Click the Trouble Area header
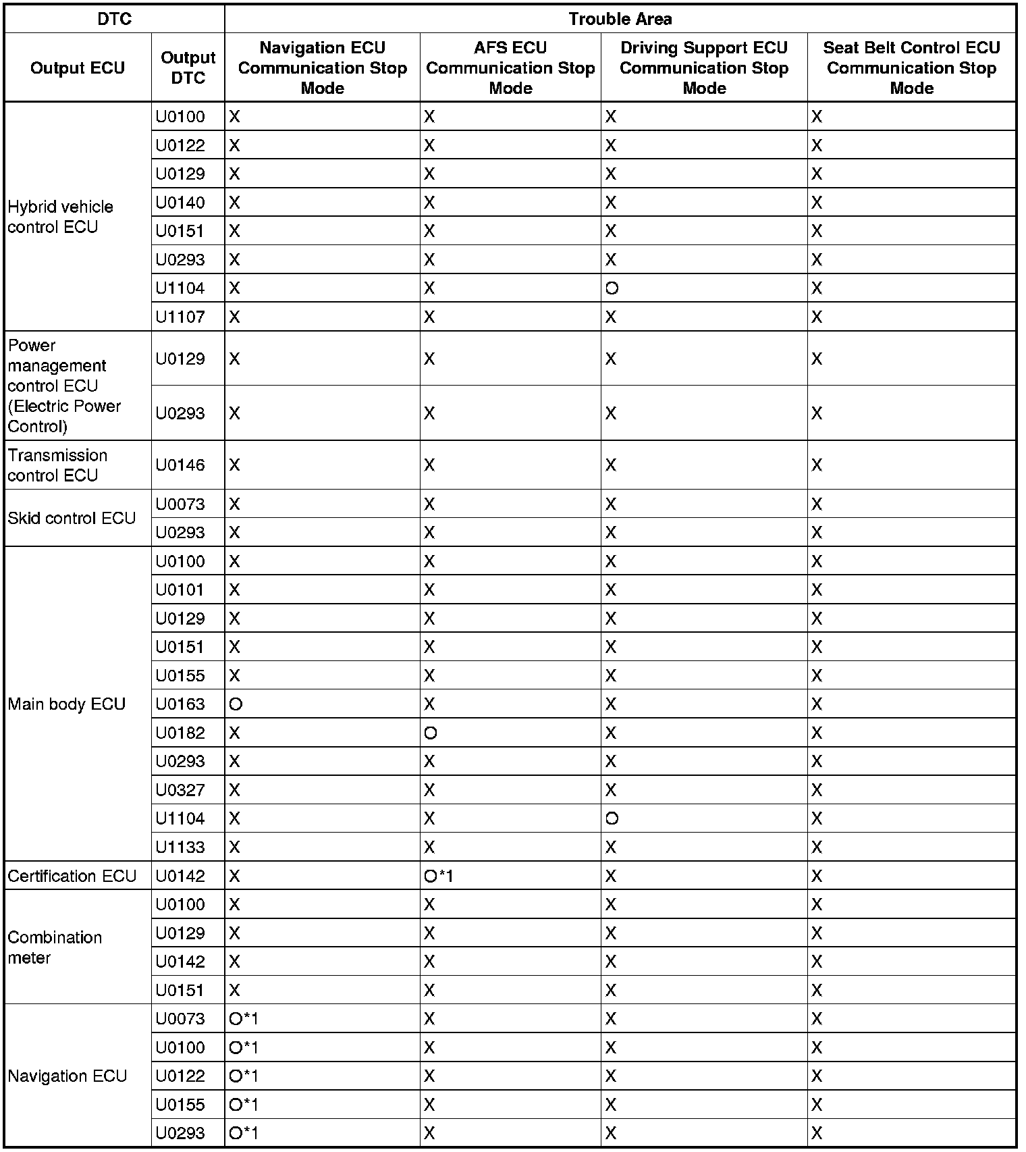pos(620,19)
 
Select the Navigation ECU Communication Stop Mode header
pos(322,68)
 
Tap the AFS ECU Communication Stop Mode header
pos(510,68)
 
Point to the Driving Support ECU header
pos(703,68)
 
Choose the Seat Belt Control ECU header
pos(911,68)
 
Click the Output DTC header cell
pos(188,68)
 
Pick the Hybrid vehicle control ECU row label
pos(61,217)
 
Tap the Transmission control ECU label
pos(57,465)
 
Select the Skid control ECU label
pos(72,518)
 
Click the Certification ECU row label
pos(72,876)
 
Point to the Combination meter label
pos(55,947)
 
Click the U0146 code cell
pos(180,465)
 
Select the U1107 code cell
pos(180,317)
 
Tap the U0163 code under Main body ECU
pos(180,704)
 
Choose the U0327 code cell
pos(180,790)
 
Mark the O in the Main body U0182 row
pos(430,733)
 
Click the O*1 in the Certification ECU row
pos(439,876)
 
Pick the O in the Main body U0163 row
pos(236,704)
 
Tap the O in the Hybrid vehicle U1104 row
pos(612,288)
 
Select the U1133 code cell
pos(180,847)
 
